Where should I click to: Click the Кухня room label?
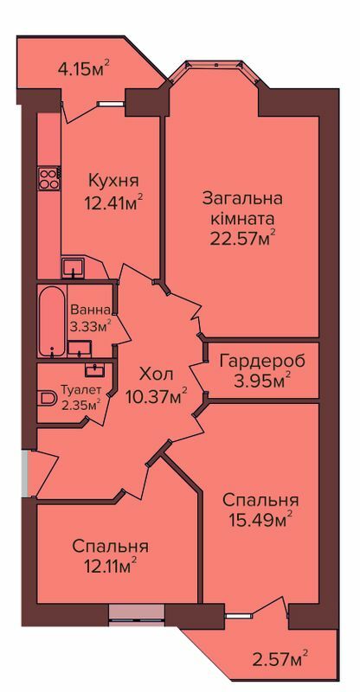pos(113,181)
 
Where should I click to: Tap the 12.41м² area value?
pos(113,202)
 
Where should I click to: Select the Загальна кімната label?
pos(242,208)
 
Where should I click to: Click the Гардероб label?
pos(262,361)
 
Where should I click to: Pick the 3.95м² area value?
pos(262,381)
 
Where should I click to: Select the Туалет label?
pos(80,390)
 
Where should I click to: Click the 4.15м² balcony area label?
pos(83,68)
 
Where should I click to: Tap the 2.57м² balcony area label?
pos(280,660)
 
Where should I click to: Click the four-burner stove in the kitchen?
pos(49,179)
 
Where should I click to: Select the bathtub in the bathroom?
pos(52,321)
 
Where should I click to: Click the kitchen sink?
pos(73,267)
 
